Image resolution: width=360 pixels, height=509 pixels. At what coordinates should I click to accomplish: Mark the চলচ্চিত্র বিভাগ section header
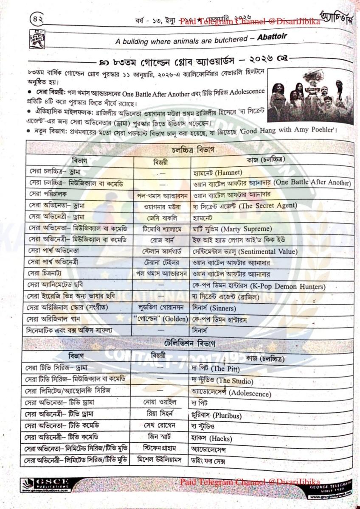(193, 150)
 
